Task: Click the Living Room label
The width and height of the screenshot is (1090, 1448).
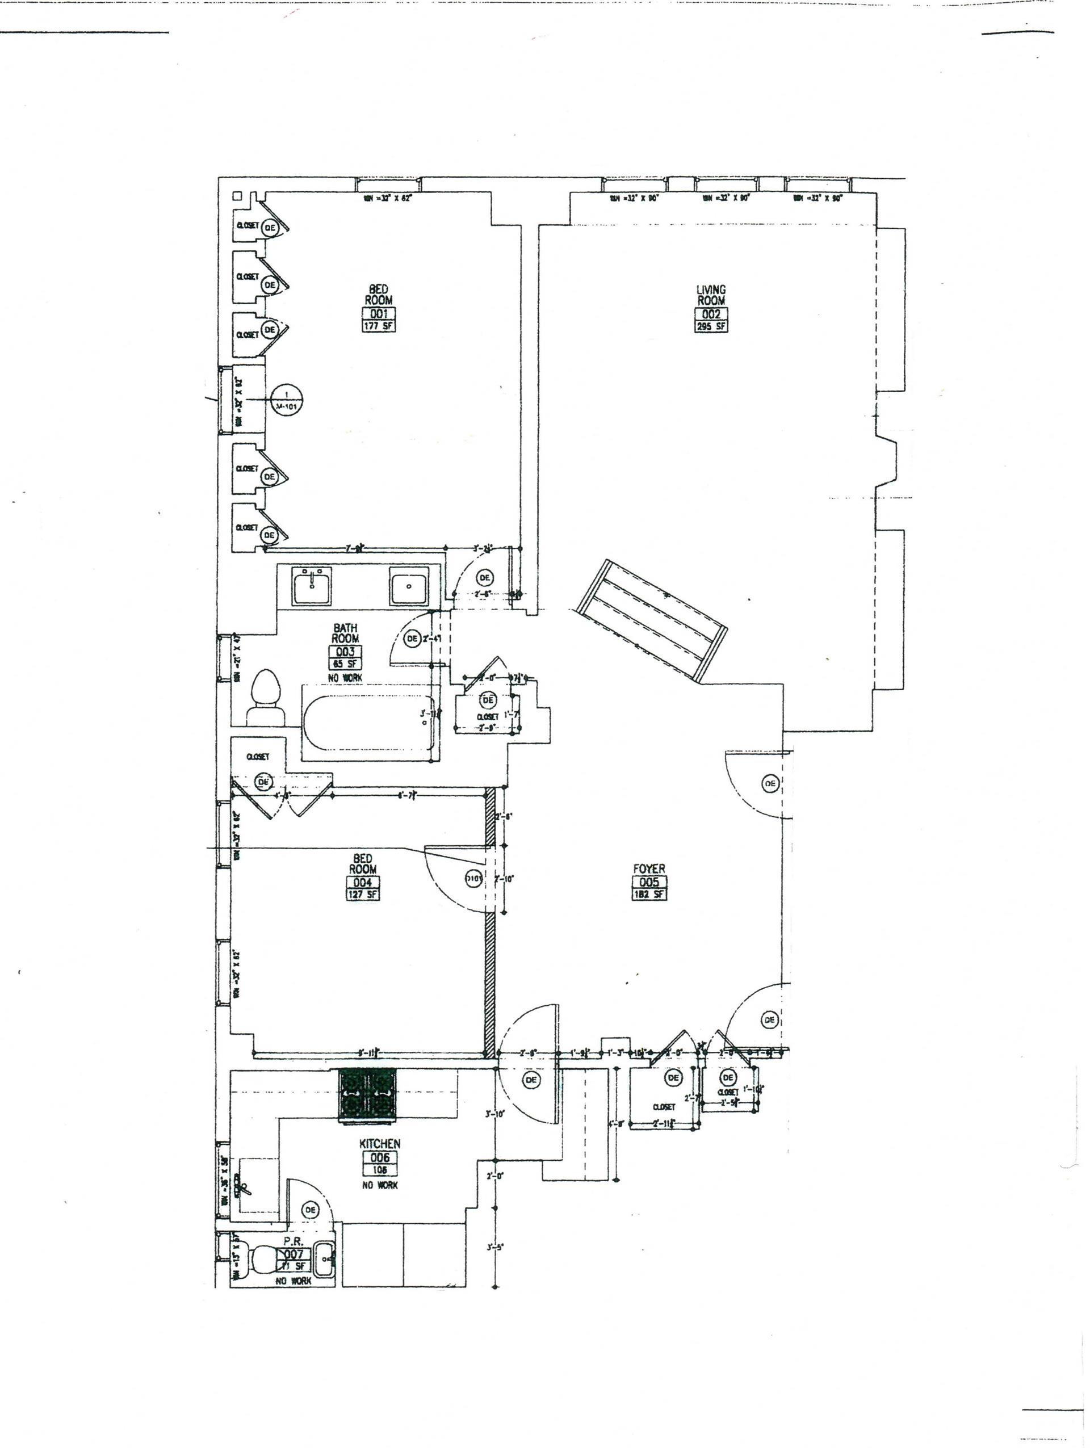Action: coord(711,295)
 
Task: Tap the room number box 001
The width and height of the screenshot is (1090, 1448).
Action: coord(379,313)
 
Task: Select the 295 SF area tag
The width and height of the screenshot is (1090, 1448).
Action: coord(711,326)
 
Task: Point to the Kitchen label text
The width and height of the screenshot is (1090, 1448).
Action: coord(380,1144)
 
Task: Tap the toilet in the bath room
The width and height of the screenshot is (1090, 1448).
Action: coord(265,696)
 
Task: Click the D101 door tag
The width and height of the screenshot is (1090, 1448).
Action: coord(473,879)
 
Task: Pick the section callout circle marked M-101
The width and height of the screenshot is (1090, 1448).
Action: coord(287,399)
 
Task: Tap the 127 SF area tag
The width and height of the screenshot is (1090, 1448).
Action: coord(362,894)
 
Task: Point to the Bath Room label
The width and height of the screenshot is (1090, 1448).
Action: coord(345,633)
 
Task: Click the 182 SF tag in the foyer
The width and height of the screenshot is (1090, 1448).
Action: coord(649,894)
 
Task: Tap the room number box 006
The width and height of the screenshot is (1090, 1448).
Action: coord(380,1157)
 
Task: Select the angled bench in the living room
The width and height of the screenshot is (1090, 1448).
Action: coord(651,620)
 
